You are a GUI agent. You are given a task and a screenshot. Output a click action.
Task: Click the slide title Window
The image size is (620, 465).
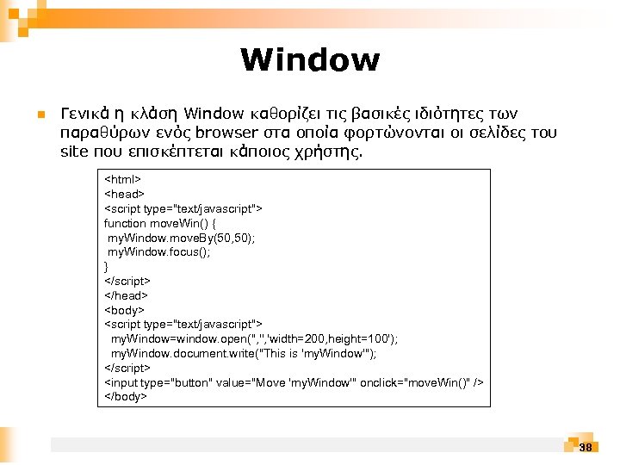(310, 60)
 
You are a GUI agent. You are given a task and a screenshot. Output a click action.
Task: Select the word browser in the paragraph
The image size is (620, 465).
(226, 133)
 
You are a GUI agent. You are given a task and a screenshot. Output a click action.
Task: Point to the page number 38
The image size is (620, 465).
(586, 447)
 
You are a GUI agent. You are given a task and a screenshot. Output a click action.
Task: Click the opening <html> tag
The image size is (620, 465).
(122, 179)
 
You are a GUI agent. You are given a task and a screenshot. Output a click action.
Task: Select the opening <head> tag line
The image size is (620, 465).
(124, 194)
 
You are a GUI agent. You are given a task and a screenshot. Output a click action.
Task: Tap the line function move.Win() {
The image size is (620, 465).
(159, 223)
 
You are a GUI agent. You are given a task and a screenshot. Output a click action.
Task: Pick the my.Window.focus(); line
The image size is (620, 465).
(158, 252)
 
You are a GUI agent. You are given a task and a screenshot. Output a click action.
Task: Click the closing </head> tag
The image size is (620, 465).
(127, 295)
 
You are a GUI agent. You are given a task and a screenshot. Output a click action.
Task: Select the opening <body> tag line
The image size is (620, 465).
(124, 310)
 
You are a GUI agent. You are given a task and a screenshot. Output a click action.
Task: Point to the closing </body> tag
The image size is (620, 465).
(126, 397)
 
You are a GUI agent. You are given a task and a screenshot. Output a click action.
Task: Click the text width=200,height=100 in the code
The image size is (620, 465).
(326, 339)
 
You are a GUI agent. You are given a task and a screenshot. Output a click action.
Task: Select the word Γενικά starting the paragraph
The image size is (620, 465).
(84, 114)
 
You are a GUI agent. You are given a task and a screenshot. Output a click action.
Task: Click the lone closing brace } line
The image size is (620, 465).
(107, 266)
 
